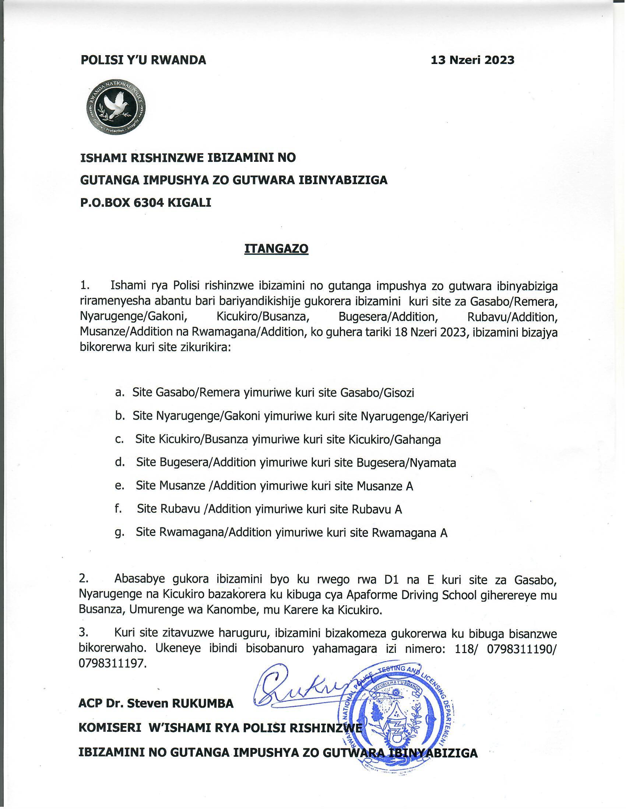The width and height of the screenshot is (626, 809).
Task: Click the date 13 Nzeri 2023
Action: click(472, 60)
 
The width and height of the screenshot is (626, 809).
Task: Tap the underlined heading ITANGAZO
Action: click(276, 249)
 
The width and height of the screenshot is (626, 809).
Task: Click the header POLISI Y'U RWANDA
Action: click(143, 60)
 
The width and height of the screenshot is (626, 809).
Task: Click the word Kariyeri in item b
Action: click(449, 417)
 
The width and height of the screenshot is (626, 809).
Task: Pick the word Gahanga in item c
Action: click(418, 440)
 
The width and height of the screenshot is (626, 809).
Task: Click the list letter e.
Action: click(119, 486)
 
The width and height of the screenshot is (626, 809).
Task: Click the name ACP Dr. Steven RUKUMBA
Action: click(156, 703)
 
